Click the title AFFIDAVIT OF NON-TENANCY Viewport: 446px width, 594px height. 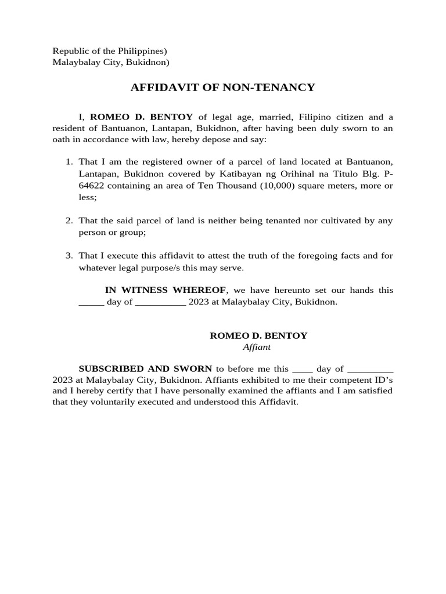coord(222,88)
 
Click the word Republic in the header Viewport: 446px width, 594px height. coord(71,51)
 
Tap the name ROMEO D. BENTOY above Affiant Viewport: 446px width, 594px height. coord(258,335)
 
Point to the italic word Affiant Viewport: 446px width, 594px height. coord(257,347)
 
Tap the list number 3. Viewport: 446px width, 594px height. coord(69,255)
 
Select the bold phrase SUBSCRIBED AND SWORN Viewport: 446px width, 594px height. coord(145,368)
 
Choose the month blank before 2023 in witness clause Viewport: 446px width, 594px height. coord(160,303)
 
